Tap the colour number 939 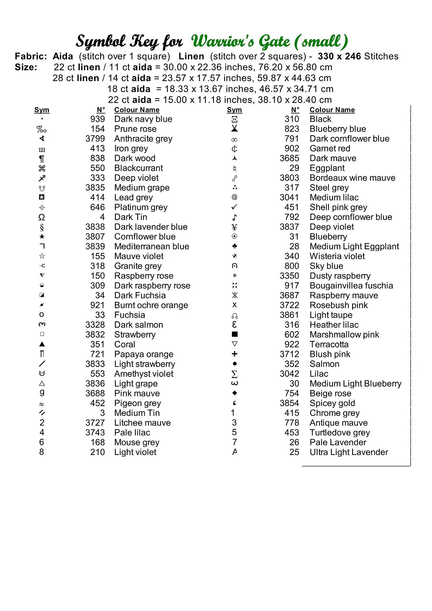pos(97,119)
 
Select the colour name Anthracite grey pos(143,138)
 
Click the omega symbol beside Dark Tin pos(42,217)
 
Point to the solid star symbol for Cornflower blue pos(42,237)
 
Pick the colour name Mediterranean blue pos(152,246)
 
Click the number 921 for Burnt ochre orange pos(97,305)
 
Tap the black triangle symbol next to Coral pos(42,344)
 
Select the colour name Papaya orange pos(143,354)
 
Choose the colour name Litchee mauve pos(142,423)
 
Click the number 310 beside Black pos(292,119)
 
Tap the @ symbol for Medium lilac pos(234,197)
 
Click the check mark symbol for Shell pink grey pos(234,207)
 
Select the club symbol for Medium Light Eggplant pos(234,246)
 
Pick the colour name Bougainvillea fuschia pos(351,286)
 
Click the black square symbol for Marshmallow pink pos(234,334)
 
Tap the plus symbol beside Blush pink pos(234,354)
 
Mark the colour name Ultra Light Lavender pos(349,452)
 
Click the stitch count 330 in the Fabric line pos(326,56)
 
